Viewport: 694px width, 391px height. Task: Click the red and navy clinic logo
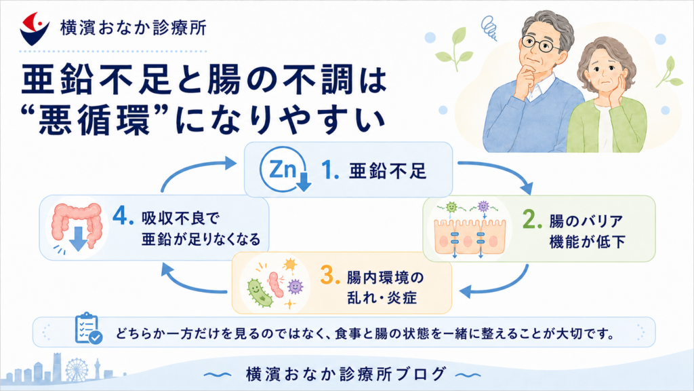(x=34, y=29)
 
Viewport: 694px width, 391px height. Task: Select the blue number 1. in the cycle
(x=330, y=170)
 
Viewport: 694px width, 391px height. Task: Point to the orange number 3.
(x=330, y=276)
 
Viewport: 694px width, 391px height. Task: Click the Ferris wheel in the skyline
(x=77, y=369)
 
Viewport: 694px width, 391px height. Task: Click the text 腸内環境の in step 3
(x=385, y=278)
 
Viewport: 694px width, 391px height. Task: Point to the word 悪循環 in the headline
(x=94, y=121)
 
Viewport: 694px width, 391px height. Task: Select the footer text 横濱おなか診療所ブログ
(x=346, y=375)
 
